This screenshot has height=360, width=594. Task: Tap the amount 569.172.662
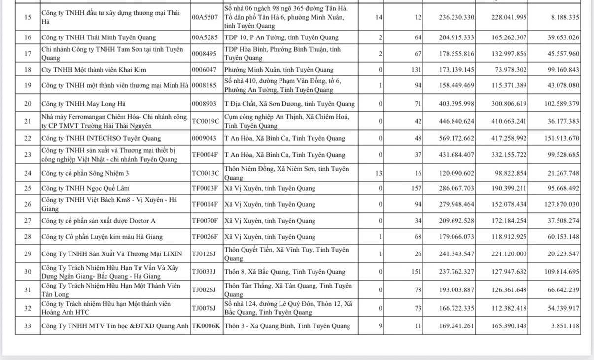click(456, 138)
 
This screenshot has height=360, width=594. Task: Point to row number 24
click(28, 173)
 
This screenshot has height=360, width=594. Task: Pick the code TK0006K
click(206, 326)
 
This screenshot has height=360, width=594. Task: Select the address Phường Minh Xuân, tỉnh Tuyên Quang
click(279, 70)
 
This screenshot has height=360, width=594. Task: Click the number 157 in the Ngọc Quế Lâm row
click(417, 188)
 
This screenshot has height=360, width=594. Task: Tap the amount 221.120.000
click(509, 254)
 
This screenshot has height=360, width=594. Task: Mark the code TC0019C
click(206, 121)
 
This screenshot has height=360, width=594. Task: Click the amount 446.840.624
click(456, 121)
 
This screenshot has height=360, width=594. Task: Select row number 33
click(28, 326)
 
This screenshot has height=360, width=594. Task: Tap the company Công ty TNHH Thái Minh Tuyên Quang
click(99, 37)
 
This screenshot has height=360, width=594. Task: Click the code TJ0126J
click(204, 254)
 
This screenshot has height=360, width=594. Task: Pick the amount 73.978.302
click(509, 70)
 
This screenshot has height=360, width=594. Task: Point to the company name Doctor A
click(99, 221)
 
